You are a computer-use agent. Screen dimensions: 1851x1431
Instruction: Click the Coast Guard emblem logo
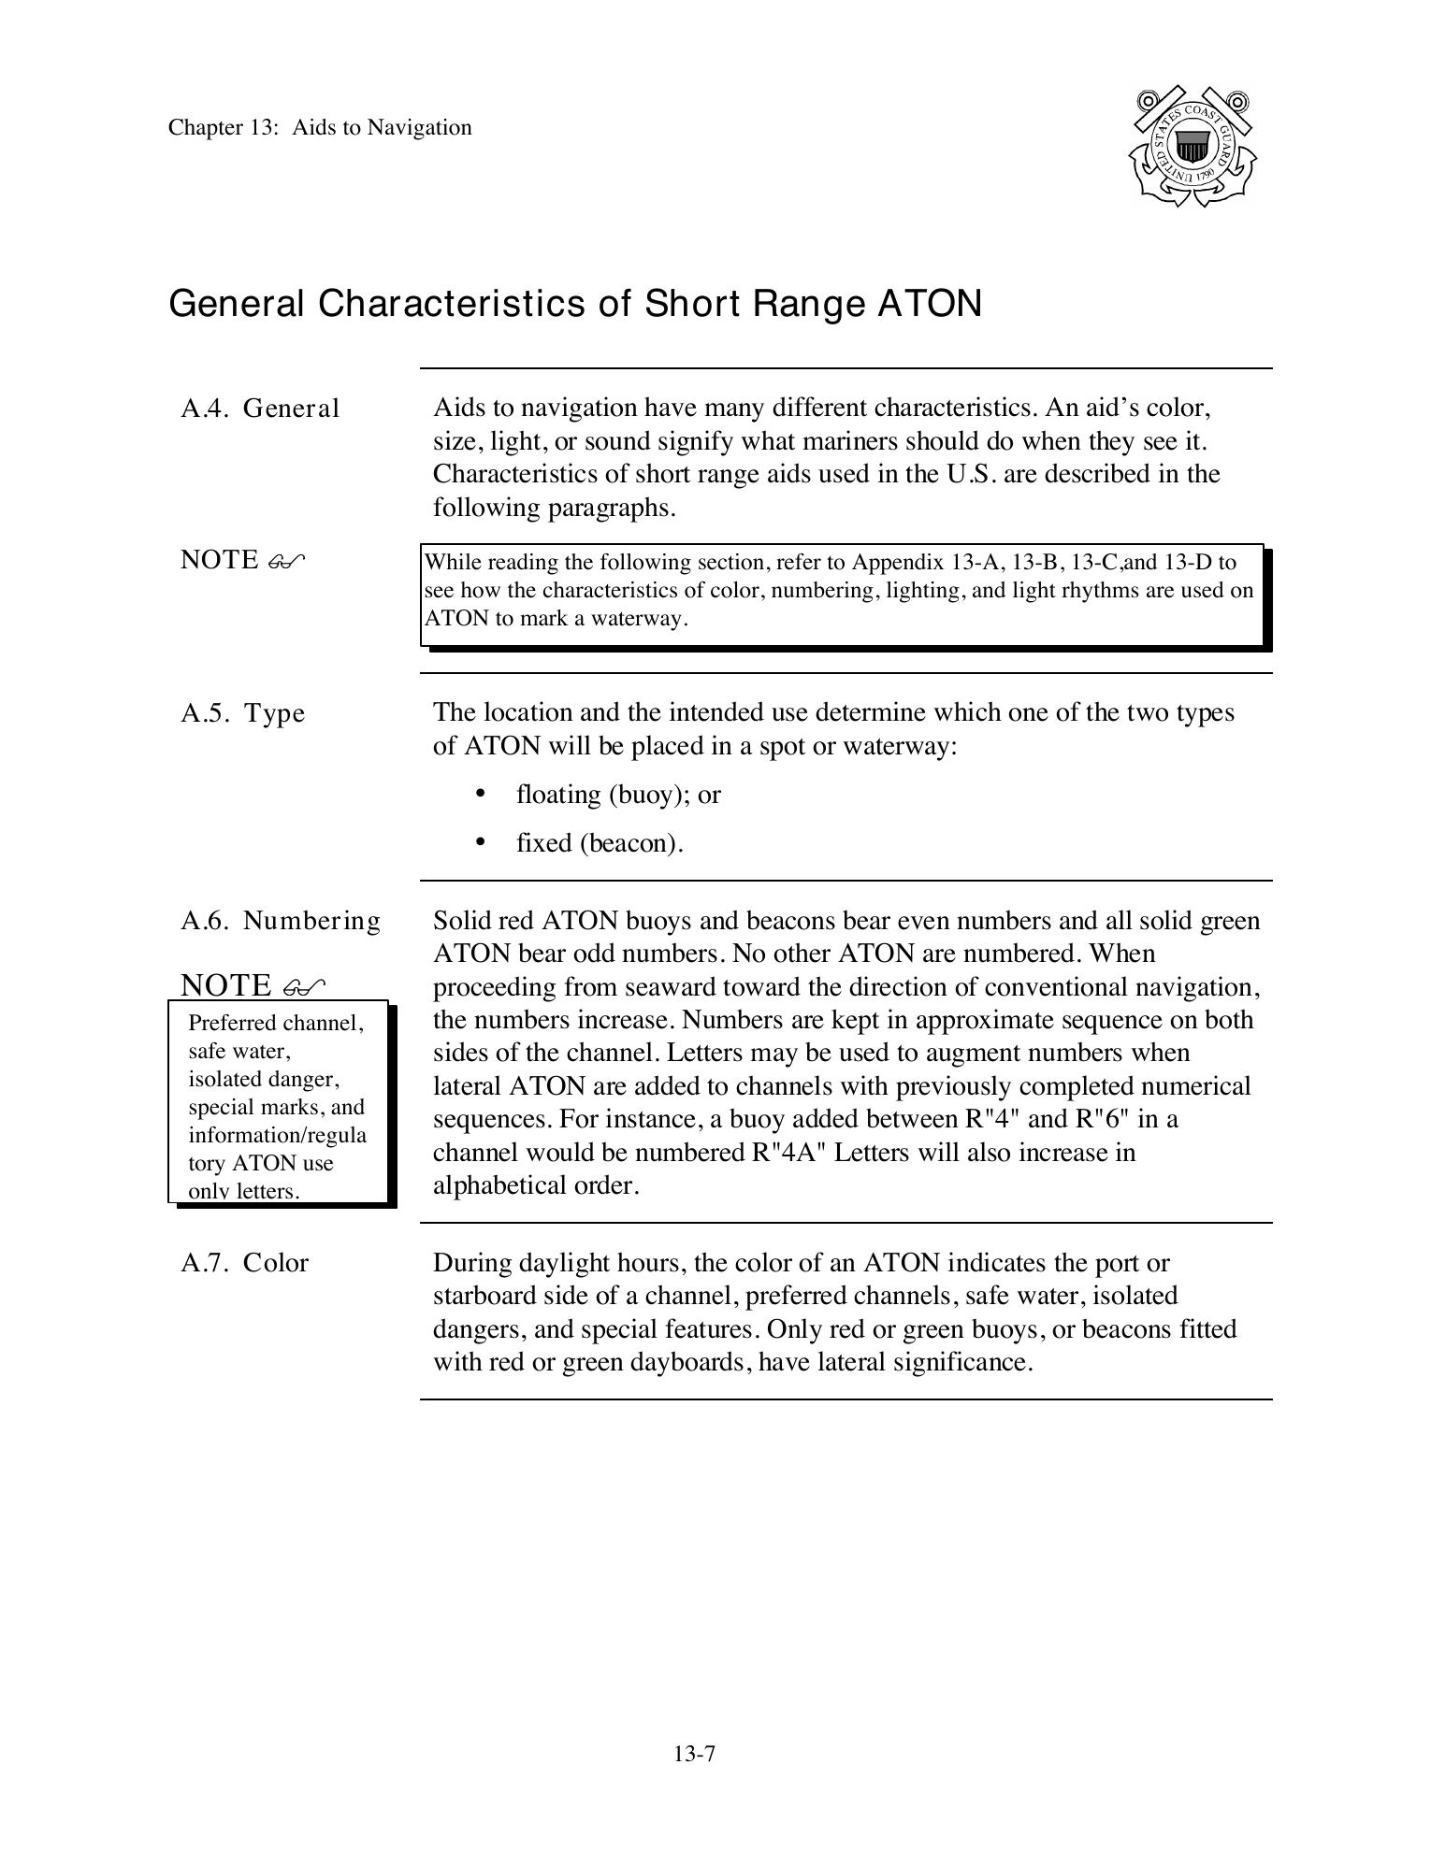click(1192, 147)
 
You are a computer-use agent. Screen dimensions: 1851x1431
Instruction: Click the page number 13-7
click(694, 1754)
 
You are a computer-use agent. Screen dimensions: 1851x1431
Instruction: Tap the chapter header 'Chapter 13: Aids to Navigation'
click(320, 127)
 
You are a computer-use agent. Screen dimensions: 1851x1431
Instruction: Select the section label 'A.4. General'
click(260, 409)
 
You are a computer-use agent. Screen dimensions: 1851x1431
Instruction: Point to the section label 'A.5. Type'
click(243, 713)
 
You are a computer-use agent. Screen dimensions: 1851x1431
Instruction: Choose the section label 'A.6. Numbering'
click(281, 921)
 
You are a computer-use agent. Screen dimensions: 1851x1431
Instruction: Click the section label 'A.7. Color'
click(244, 1263)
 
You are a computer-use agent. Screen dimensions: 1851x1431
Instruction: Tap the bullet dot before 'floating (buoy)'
click(481, 794)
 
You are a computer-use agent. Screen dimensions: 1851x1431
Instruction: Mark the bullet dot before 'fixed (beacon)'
click(481, 842)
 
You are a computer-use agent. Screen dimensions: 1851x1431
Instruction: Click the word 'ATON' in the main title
click(929, 304)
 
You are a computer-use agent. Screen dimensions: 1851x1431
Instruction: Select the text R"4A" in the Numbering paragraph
click(788, 1153)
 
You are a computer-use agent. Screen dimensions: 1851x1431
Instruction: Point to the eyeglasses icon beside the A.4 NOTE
click(286, 561)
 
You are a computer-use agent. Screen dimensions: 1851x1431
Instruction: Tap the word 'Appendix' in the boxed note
click(898, 563)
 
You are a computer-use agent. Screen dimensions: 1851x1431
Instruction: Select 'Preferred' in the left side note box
click(231, 1023)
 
